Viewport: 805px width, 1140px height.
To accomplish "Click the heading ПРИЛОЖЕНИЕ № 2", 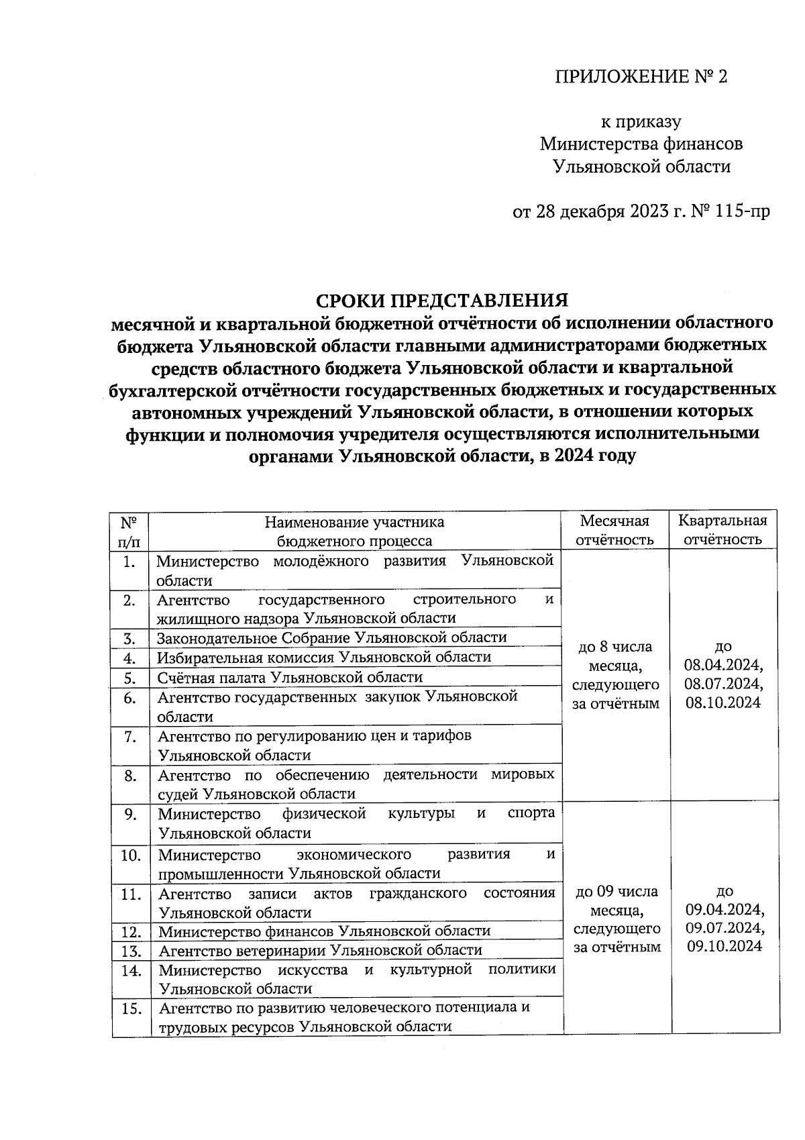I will pyautogui.click(x=641, y=77).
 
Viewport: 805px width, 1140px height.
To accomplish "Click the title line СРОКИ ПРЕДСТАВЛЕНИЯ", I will pyautogui.click(x=442, y=300).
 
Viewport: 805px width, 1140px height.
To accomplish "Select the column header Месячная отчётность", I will pyautogui.click(x=615, y=530).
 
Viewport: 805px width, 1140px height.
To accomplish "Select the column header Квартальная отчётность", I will pyautogui.click(x=722, y=530).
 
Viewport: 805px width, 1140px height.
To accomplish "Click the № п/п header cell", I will pyautogui.click(x=130, y=530).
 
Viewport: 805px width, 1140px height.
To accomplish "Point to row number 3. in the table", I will pyautogui.click(x=130, y=637).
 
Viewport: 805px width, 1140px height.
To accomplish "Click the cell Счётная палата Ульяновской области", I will pyautogui.click(x=290, y=677).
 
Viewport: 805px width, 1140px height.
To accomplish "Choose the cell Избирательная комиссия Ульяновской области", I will pyautogui.click(x=324, y=657).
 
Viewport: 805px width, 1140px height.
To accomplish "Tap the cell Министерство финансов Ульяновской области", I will pyautogui.click(x=324, y=931).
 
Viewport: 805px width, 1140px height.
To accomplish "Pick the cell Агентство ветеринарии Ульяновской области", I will pyautogui.click(x=320, y=950).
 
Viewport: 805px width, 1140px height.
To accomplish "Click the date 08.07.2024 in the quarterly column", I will pyautogui.click(x=723, y=684).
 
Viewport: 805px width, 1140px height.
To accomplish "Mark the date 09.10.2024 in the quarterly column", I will pyautogui.click(x=723, y=946).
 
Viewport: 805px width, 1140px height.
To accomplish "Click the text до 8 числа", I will pyautogui.click(x=615, y=647).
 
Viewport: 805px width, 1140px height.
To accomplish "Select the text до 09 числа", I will pyautogui.click(x=617, y=892).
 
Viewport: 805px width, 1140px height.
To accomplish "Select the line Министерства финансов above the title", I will pyautogui.click(x=641, y=144).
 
